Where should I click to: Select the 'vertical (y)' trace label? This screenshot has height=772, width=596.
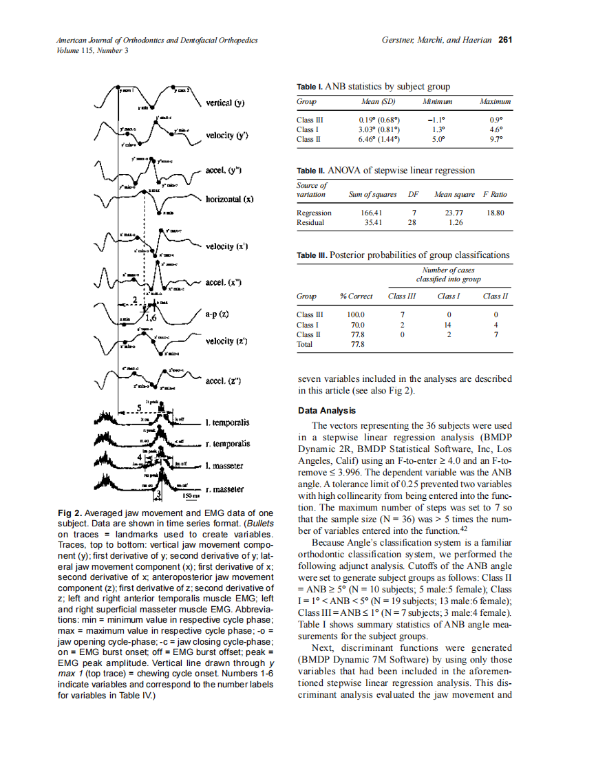click(x=227, y=104)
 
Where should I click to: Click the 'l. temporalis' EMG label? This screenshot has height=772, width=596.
click(x=227, y=422)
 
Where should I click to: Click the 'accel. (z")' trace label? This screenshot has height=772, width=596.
click(x=224, y=381)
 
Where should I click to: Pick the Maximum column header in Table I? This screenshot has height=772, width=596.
click(x=495, y=101)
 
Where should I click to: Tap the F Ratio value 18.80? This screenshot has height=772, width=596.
click(x=495, y=213)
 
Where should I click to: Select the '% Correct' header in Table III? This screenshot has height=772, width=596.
click(x=356, y=296)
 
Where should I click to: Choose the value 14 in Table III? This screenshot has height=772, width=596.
click(x=448, y=324)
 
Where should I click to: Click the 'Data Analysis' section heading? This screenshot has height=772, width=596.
click(x=327, y=411)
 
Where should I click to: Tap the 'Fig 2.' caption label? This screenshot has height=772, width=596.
click(x=70, y=513)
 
